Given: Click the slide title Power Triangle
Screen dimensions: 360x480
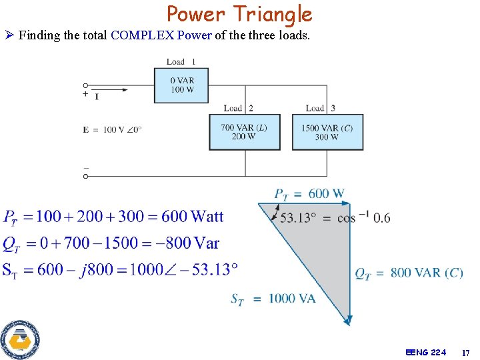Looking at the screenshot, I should pos(239,14).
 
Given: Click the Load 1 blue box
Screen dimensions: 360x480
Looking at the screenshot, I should pos(182,85).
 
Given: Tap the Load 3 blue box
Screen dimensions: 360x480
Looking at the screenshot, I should pos(327,132).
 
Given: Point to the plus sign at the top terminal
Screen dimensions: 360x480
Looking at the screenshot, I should pos(85,95).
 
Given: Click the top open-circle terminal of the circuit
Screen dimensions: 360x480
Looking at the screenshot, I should pos(85,85).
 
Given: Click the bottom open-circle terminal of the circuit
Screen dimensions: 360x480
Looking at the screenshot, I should pos(85,176).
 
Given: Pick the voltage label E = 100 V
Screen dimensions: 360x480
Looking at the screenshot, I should pos(112,129).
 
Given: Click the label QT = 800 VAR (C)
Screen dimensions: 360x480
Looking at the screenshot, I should pos(409,273).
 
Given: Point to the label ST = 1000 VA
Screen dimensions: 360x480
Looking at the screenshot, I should pos(273,299).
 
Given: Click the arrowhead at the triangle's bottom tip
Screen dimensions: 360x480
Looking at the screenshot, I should pos(347,321).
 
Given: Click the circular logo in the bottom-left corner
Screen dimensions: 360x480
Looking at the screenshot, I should pos(20,340).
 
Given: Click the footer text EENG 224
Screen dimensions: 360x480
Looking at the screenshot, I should pos(425,352).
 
